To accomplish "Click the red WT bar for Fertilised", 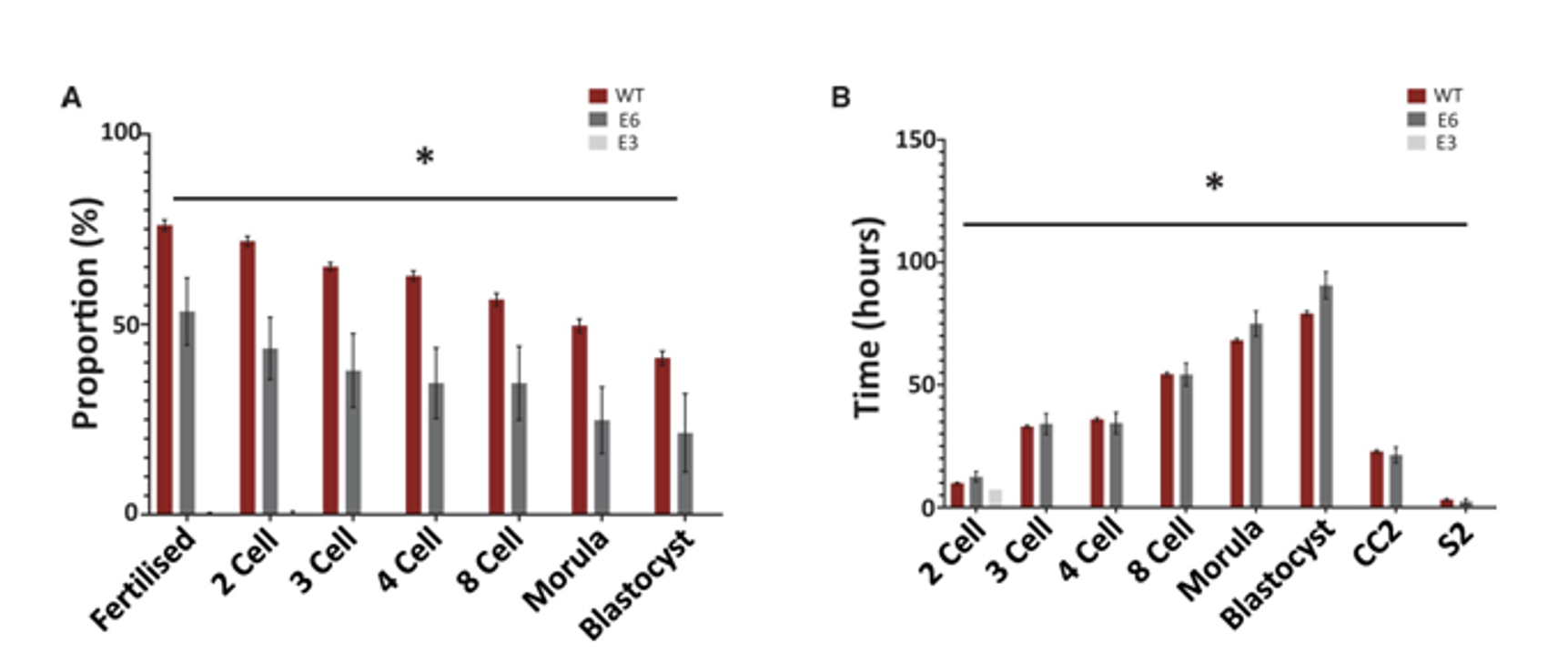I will [x=165, y=369].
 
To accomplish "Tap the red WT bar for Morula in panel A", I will [x=580, y=419].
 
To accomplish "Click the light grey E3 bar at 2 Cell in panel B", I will [x=996, y=498].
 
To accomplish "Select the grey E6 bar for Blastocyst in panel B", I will [x=1326, y=396].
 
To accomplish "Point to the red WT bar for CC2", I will [x=1376, y=479].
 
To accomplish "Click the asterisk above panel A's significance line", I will [x=424, y=158].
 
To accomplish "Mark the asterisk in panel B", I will [x=1214, y=183].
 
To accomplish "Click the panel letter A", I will [x=71, y=98].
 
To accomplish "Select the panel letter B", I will [x=841, y=97].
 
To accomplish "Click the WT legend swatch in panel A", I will [x=598, y=97].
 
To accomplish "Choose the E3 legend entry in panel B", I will [x=1433, y=143].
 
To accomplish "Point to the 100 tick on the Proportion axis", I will [x=120, y=133].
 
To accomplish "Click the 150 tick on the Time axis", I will [x=916, y=140].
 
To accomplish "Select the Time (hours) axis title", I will [x=866, y=317].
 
